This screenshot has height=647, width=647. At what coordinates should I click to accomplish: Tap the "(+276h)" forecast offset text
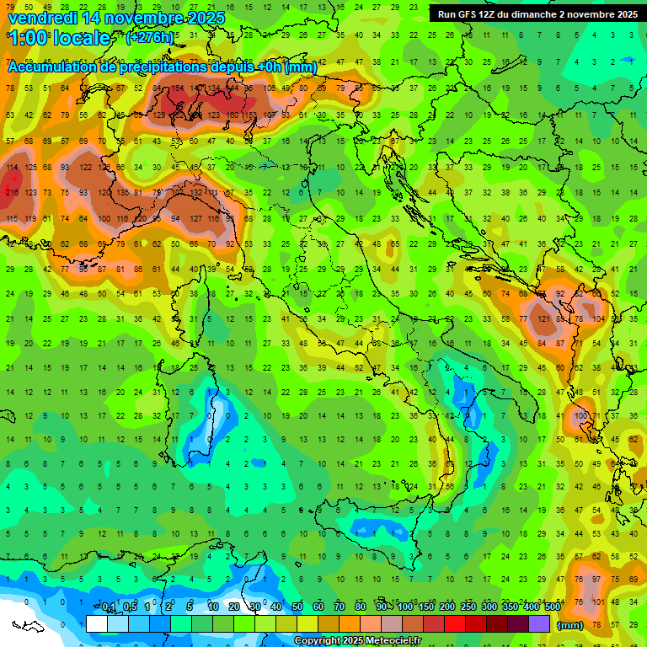pyautogui.click(x=149, y=38)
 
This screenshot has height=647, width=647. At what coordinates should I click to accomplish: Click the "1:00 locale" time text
pyautogui.click(x=59, y=39)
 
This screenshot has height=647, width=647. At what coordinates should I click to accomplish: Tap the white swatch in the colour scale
pyautogui.click(x=97, y=624)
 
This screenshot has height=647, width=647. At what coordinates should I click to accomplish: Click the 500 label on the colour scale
pyautogui.click(x=552, y=607)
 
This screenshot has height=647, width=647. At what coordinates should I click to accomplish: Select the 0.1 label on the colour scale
pyautogui.click(x=109, y=607)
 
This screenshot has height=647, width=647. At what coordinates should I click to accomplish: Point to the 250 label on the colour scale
pyautogui.click(x=468, y=607)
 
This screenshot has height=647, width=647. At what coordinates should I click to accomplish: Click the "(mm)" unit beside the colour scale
pyautogui.click(x=569, y=625)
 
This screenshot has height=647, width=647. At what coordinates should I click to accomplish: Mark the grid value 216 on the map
pyautogui.click(x=12, y=193)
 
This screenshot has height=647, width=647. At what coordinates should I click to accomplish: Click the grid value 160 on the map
pyautogui.click(x=231, y=115)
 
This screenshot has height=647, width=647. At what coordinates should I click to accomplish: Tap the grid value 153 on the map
pyautogui.click(x=250, y=115)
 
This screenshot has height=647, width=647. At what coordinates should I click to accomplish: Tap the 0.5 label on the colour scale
pyautogui.click(x=130, y=607)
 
